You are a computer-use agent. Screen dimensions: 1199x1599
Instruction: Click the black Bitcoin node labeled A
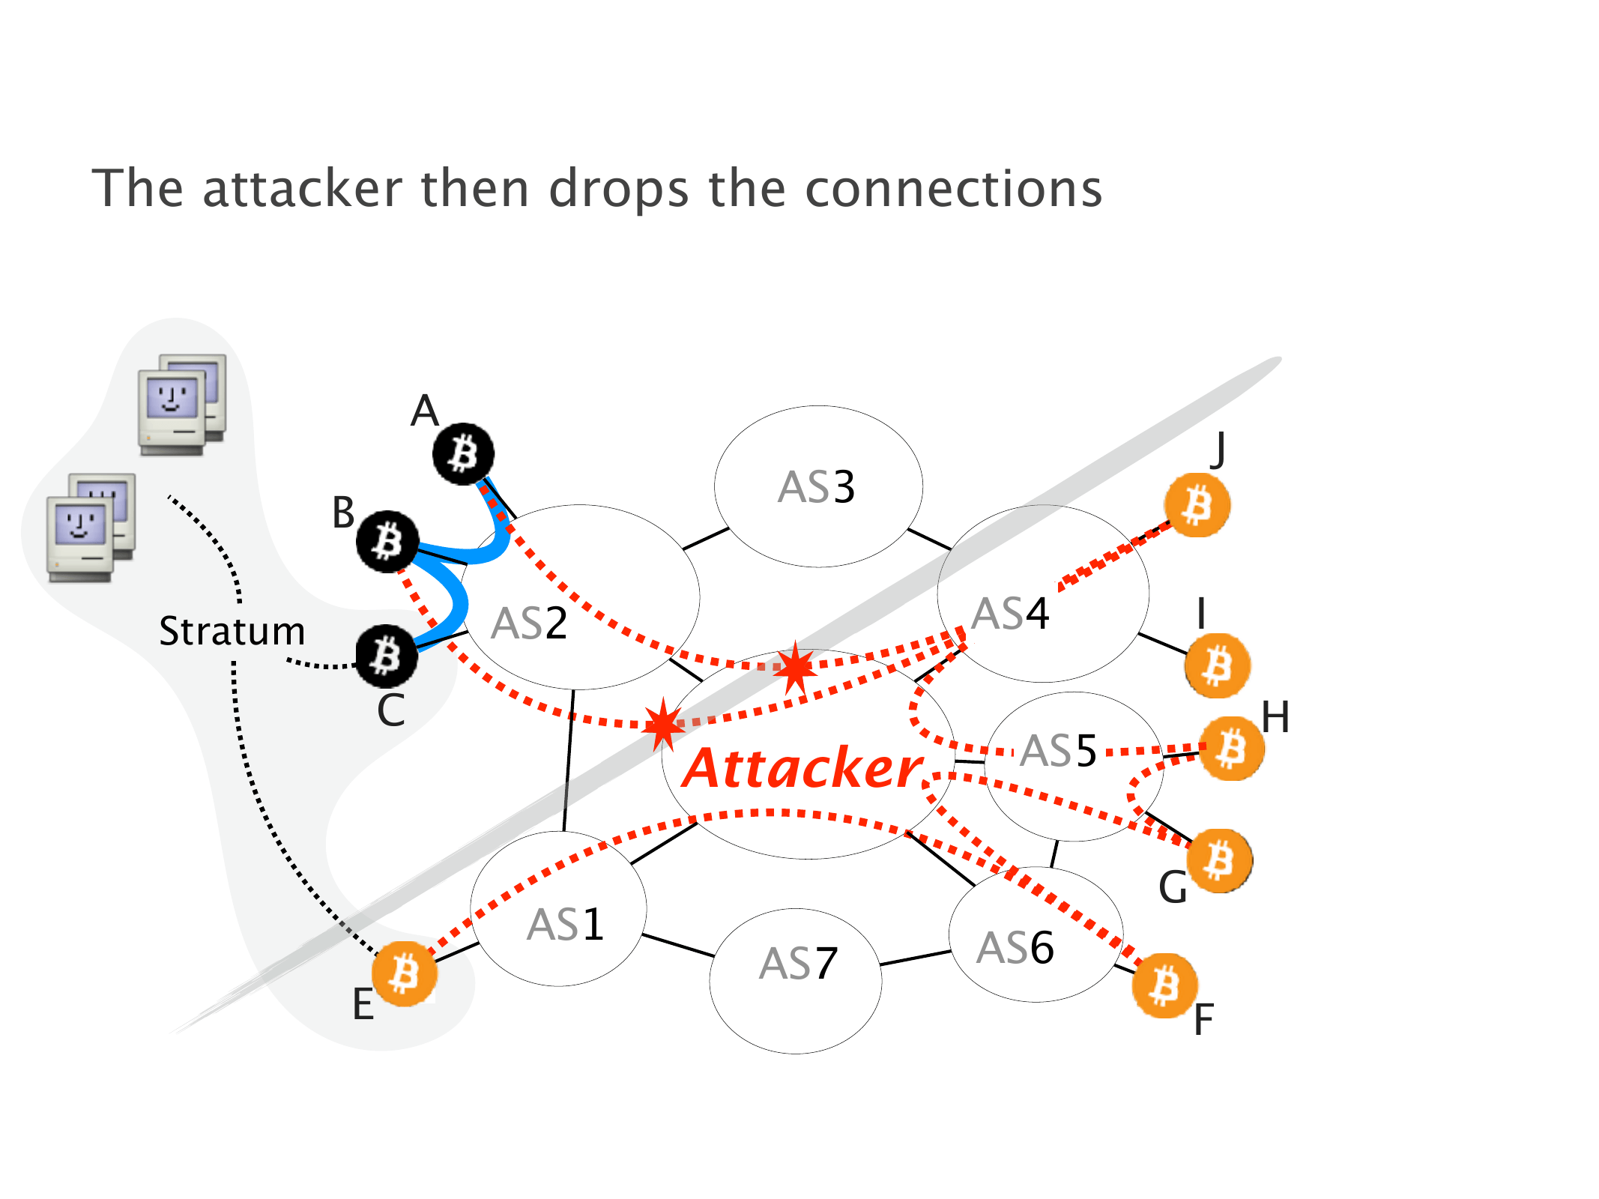point(464,453)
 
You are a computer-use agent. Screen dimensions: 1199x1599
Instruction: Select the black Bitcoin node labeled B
point(387,541)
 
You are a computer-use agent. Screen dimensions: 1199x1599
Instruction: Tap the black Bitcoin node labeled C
point(387,656)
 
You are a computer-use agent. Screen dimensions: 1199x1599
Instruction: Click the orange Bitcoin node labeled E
point(405,973)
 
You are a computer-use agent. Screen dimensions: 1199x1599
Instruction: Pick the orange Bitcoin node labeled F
point(1164,985)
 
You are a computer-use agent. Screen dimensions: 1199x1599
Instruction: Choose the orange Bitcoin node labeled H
point(1232,749)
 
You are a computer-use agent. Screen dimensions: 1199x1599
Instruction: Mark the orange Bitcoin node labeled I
point(1218,665)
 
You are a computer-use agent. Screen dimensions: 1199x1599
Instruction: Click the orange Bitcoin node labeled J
point(1197,505)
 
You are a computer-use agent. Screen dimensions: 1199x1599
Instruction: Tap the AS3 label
point(817,487)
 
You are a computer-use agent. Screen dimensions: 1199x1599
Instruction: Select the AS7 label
point(798,964)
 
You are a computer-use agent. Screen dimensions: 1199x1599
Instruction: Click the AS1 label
point(565,925)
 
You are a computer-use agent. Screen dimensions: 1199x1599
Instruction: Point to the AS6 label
point(1015,948)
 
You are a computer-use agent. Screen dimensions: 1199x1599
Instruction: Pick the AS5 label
point(1059,751)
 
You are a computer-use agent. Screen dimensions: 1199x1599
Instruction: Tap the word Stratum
point(232,631)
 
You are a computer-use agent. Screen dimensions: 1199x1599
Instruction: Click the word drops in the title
point(619,189)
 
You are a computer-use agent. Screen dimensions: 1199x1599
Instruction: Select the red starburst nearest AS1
point(663,724)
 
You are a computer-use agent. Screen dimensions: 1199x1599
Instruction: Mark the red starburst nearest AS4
point(795,666)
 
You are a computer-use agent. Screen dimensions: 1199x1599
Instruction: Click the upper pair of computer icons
point(182,405)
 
